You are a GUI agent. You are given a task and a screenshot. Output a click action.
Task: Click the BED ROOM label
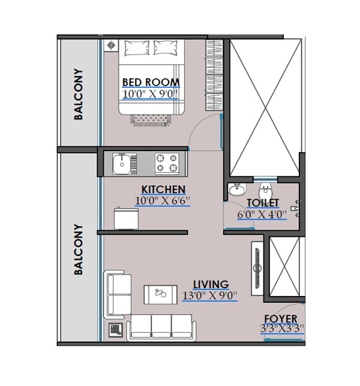tap(151, 82)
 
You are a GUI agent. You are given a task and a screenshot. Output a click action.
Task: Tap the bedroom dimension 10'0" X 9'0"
tap(151, 94)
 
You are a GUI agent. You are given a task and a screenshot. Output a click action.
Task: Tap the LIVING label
tap(210, 284)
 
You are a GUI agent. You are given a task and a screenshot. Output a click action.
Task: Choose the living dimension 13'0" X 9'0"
tap(210, 295)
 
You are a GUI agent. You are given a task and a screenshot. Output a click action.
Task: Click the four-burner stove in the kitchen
tap(167, 162)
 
